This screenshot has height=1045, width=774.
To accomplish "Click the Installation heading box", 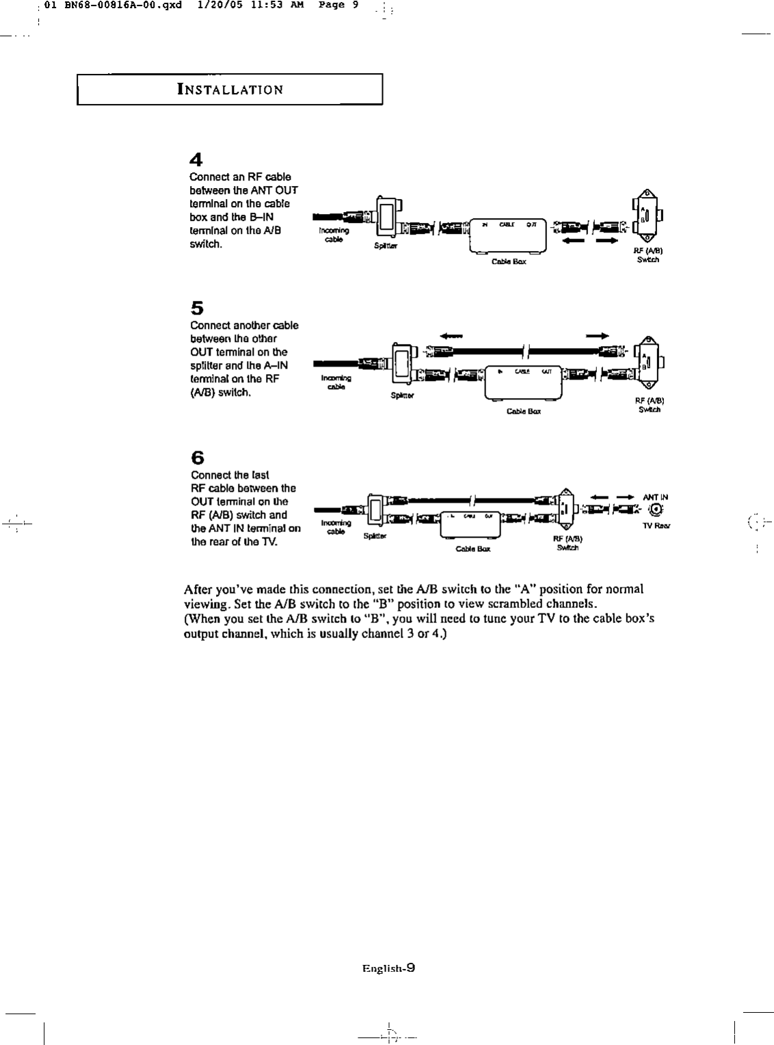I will click(x=229, y=90).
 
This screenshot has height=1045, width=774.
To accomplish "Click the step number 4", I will click(x=196, y=161).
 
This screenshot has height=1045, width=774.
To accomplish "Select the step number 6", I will click(x=197, y=457).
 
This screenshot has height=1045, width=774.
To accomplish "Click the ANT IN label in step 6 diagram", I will click(x=655, y=497).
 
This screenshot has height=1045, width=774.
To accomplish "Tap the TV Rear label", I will click(x=656, y=526).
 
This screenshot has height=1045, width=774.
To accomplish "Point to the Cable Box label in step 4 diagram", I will click(x=509, y=262).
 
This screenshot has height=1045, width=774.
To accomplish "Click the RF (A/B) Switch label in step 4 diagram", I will click(x=647, y=255).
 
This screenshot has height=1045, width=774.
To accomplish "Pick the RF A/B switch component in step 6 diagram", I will click(x=565, y=509).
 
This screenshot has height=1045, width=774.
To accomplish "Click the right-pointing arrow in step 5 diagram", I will click(x=597, y=336).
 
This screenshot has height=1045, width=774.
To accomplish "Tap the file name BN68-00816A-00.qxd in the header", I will click(x=114, y=5).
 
